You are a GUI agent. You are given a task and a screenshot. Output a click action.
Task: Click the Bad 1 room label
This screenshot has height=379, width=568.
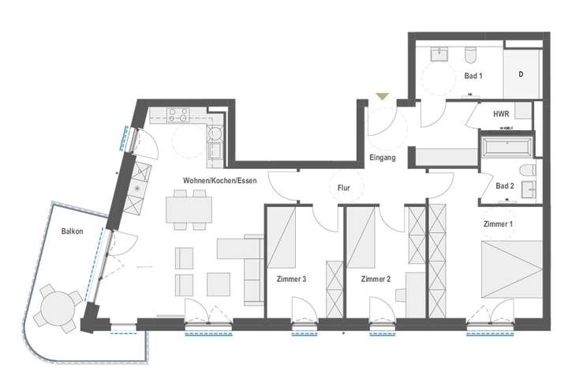coord(473,76)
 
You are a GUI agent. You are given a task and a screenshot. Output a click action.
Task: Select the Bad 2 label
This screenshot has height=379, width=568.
coord(505,186)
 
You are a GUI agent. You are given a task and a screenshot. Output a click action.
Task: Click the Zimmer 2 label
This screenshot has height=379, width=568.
coord(376,279)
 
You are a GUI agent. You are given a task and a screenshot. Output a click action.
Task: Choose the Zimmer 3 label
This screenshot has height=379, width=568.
coord(291,279)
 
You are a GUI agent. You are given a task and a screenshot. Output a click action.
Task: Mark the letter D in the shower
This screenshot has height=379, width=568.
coord(521,74)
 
